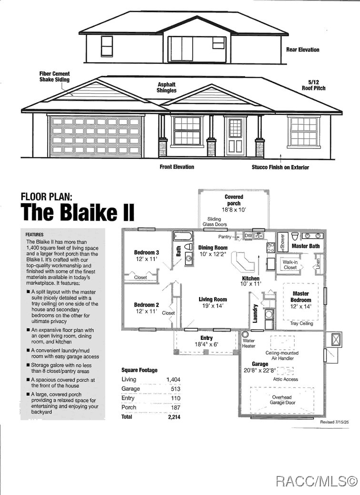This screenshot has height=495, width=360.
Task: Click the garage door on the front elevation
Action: tap(95, 136)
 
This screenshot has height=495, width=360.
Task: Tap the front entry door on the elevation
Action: tap(235, 136)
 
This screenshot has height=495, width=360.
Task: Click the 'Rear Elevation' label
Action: tap(302, 49)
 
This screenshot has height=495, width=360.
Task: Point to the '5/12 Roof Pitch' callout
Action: tap(313, 85)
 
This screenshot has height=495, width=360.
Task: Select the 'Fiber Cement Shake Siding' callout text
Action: tap(54, 77)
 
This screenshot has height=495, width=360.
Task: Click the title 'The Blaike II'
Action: tap(77, 212)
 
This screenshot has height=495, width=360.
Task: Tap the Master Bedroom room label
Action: tap(300, 297)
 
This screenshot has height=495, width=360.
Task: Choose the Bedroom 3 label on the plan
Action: tap(147, 253)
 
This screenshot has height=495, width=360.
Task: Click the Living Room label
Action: tap(212, 299)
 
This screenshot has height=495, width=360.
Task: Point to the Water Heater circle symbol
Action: tap(245, 334)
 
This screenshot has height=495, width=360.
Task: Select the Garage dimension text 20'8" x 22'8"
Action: tap(260, 370)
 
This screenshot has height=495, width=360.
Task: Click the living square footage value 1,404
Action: tap(173, 380)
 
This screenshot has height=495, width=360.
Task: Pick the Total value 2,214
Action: tap(174, 417)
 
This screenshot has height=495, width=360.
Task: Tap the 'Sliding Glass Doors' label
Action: tap(214, 222)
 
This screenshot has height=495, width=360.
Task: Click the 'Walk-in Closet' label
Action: tap(290, 265)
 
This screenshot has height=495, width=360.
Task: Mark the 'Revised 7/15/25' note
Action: tap(334, 422)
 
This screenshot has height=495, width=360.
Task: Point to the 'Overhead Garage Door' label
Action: tap(282, 400)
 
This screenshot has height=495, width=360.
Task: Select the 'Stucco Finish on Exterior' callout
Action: tap(280, 168)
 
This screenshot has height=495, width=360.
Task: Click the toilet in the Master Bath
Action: tap(295, 237)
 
